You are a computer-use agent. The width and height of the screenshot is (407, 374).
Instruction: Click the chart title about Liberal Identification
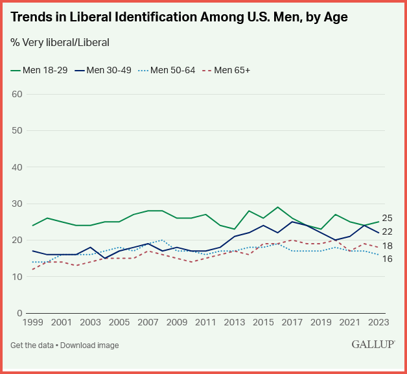point(180,18)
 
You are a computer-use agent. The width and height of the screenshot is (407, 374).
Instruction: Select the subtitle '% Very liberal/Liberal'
point(60,43)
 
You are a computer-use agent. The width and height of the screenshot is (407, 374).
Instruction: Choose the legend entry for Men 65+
point(229,70)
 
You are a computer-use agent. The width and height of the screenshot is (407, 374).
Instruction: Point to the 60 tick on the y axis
point(17,94)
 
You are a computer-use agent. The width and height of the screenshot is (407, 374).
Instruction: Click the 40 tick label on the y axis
point(17,167)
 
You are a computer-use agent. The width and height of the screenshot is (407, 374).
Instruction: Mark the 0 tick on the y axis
point(19,313)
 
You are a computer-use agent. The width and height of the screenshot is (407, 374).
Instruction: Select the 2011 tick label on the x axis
point(206,322)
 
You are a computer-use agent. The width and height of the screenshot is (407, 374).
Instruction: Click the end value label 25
point(387,218)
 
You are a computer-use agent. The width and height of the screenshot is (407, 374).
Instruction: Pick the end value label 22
point(387,231)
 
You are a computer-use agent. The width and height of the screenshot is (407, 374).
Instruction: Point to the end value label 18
point(387,246)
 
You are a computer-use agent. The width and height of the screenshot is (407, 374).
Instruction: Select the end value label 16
point(387,259)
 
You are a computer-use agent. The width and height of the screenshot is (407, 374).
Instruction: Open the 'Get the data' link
point(32,345)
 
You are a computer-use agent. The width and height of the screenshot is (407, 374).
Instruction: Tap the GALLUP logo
point(373,344)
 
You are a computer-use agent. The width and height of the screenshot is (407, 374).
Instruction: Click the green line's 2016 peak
point(278,207)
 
